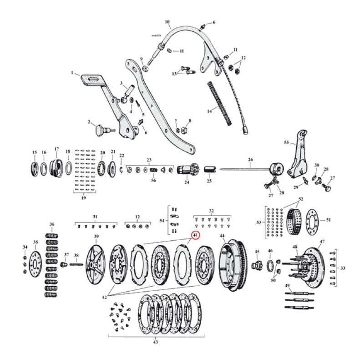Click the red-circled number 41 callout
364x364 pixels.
point(195,235)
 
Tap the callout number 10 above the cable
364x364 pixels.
point(167,21)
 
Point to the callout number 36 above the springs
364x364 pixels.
point(52,224)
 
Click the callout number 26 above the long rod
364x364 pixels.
point(250,159)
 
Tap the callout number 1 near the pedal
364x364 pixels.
point(72,73)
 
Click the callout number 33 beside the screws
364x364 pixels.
point(343,268)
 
